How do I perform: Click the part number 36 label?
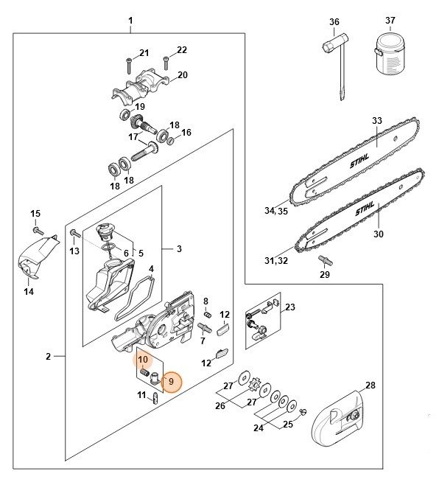click(334, 22)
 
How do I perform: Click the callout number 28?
click(370, 385)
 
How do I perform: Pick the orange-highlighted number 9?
click(171, 382)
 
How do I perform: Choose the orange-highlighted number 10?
click(144, 360)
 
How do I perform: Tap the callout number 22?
click(181, 49)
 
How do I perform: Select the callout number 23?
click(290, 307)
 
